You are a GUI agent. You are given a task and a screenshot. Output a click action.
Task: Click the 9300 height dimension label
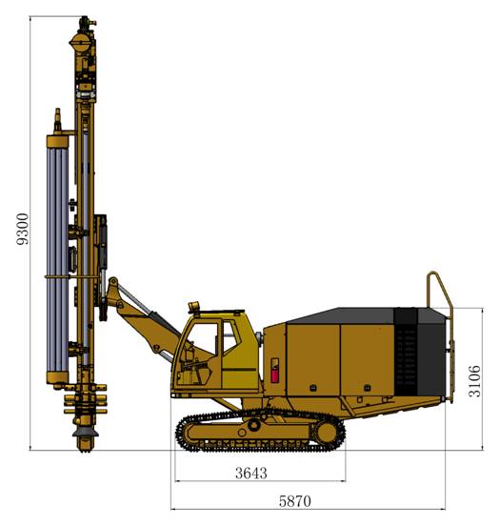23,229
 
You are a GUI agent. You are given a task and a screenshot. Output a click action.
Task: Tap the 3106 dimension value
474,381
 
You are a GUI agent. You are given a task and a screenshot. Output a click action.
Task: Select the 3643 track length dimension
251,473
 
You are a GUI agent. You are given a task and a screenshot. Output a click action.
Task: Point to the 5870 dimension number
295,501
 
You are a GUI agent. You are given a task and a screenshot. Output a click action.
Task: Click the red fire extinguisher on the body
274,374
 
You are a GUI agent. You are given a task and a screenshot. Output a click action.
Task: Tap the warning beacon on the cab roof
194,307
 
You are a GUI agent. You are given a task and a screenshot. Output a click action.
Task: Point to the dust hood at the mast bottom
86,432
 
